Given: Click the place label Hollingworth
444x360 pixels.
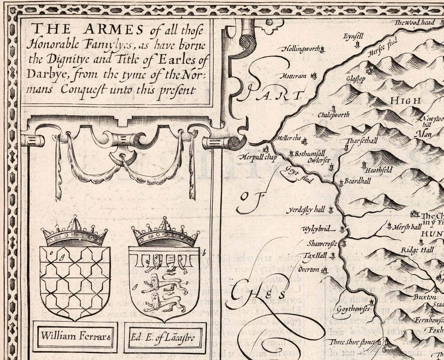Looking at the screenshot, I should (301, 49).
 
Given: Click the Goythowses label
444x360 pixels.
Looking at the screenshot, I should (352, 310).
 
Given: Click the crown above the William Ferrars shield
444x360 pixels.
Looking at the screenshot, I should (74, 232).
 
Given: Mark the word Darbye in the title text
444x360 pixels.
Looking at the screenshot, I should (44, 75).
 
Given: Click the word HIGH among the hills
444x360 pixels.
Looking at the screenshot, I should (405, 101).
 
